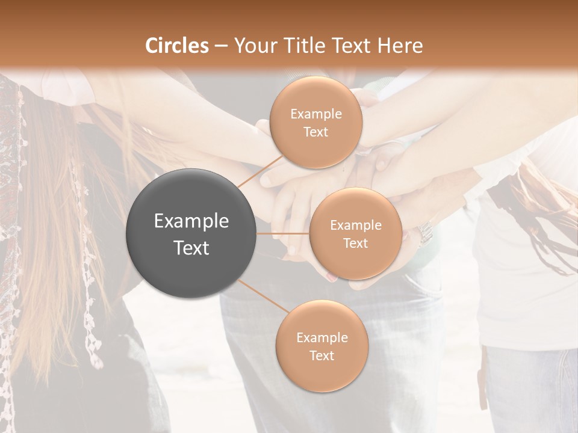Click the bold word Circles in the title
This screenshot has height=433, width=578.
point(177,46)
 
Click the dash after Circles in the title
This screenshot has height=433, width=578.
point(221,46)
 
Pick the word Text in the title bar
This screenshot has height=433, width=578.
point(352,46)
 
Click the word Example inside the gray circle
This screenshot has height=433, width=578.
point(191,221)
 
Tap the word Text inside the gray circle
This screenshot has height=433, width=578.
point(191,248)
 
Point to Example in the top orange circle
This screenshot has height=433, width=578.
point(315,114)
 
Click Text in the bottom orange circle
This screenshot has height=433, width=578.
point(322,355)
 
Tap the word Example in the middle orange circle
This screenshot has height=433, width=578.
point(356,226)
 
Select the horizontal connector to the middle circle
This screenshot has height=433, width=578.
point(283,233)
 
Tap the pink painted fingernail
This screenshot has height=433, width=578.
point(331,277)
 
